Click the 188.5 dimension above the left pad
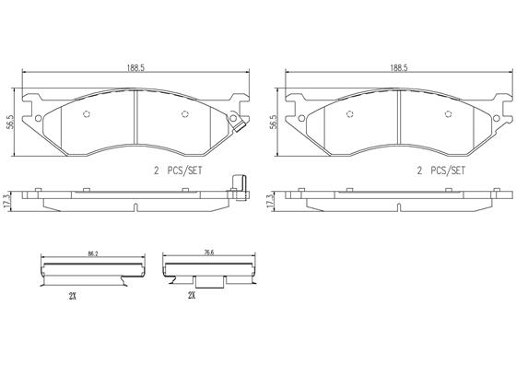136,68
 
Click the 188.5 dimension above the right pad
399,68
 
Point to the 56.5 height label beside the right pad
273,122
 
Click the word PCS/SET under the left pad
184,171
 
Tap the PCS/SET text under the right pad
448,171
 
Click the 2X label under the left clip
73,296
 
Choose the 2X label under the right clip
192,295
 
